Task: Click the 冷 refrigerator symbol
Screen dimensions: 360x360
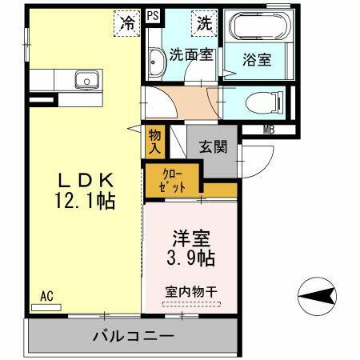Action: point(127,22)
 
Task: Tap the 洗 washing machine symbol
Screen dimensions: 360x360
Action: point(203,22)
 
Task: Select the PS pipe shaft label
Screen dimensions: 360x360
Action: point(153,14)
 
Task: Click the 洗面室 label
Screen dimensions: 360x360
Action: point(190,55)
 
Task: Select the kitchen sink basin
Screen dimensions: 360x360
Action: point(86,79)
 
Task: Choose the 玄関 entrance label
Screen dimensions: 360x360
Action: point(213,146)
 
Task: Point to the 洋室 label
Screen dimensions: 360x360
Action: point(192,238)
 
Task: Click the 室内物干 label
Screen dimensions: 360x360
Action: point(192,292)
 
